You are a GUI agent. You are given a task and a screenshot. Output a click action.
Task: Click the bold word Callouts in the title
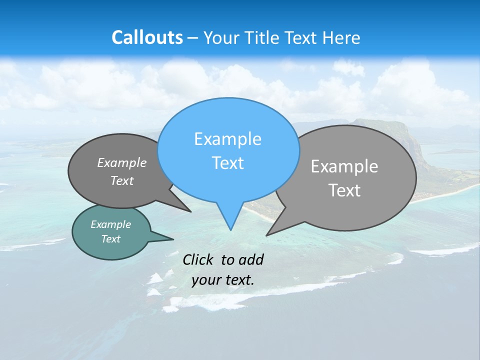(x=147, y=37)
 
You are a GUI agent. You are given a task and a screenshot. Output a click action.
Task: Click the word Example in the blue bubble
(x=227, y=139)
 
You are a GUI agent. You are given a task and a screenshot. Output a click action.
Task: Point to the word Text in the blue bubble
(x=227, y=163)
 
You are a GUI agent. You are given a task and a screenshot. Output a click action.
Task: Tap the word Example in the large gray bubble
(x=344, y=166)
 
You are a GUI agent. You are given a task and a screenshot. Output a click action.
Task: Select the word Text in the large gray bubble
(x=344, y=190)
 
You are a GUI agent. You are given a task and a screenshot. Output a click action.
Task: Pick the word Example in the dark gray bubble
(x=122, y=162)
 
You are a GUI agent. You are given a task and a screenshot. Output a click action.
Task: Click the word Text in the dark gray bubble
(x=122, y=181)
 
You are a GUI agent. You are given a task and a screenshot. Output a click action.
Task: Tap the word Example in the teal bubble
(x=110, y=224)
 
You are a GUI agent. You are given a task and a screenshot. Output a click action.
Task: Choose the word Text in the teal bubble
(x=110, y=239)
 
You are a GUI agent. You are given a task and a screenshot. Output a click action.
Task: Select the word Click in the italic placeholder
(x=198, y=259)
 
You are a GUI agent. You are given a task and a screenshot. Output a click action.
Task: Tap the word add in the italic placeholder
(x=250, y=259)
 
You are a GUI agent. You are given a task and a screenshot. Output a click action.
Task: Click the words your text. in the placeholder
(x=222, y=279)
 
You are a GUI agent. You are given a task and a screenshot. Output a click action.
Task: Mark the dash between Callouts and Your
(x=193, y=38)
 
